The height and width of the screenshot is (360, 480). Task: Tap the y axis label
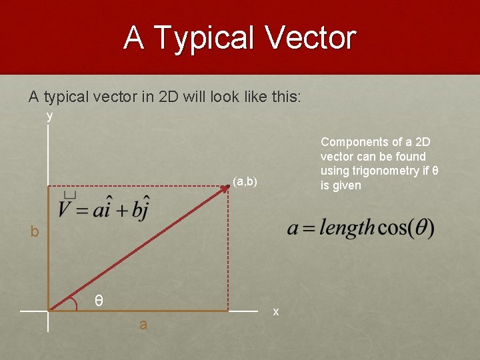[49, 116]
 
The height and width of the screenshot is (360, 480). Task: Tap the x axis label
[276, 311]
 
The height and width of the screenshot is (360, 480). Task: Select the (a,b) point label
[245, 181]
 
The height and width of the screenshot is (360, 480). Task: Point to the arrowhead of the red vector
[225, 189]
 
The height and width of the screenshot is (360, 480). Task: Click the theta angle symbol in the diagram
[98, 301]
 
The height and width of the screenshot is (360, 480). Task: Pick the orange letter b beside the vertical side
[34, 232]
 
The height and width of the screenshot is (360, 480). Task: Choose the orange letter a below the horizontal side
[143, 325]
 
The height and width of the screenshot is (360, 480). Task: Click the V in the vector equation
[65, 210]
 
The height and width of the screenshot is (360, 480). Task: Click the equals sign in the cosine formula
[308, 229]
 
